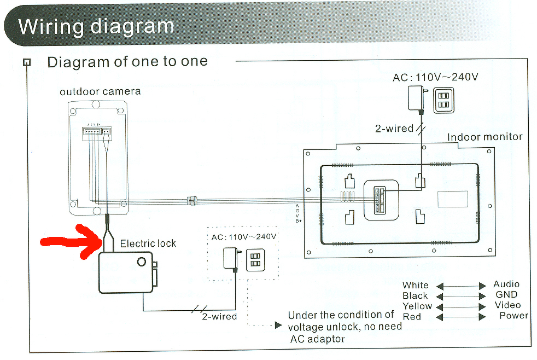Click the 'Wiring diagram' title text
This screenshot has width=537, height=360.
click(x=96, y=26)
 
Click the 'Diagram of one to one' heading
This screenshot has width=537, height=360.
click(x=127, y=61)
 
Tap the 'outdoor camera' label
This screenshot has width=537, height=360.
click(x=100, y=91)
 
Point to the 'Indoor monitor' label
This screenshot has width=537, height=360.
click(x=485, y=137)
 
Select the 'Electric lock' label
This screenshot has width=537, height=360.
click(x=148, y=243)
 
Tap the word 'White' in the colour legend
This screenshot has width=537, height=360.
click(x=416, y=285)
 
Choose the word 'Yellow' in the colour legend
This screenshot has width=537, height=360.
click(x=417, y=306)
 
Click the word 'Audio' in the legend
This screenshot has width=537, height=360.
click(x=506, y=284)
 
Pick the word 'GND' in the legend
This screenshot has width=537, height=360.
click(x=506, y=294)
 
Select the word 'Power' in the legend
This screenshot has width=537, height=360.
click(x=514, y=315)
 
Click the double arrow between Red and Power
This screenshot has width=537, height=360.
click(x=460, y=317)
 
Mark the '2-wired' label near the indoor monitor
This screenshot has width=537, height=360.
click(x=394, y=129)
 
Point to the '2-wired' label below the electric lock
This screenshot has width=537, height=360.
click(x=219, y=316)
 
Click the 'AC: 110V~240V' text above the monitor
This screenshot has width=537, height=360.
click(x=435, y=77)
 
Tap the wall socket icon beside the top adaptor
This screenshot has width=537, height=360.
click(x=443, y=100)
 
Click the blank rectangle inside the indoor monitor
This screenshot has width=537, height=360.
click(x=452, y=199)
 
